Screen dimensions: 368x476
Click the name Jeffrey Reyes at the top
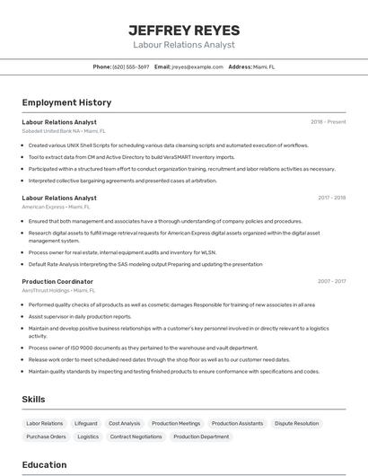[183, 30]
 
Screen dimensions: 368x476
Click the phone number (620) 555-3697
[131, 66]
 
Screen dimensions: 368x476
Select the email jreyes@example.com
[197, 66]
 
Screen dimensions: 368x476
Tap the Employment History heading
[66, 102]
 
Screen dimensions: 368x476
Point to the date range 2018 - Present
[328, 122]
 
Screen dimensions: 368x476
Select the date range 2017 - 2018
[331, 198]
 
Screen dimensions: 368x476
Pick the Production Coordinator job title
[57, 281]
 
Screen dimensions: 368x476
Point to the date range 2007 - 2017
[331, 281]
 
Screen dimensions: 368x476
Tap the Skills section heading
[34, 399]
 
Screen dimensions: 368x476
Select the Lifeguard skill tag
[86, 423]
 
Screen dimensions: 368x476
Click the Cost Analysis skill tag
[125, 423]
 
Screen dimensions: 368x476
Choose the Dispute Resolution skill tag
[296, 423]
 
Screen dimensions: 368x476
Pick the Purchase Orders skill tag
[46, 436]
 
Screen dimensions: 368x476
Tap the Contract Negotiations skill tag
[136, 436]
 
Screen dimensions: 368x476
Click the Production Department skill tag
[201, 436]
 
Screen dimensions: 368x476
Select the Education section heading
[45, 465]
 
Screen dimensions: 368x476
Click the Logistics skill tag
[88, 436]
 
